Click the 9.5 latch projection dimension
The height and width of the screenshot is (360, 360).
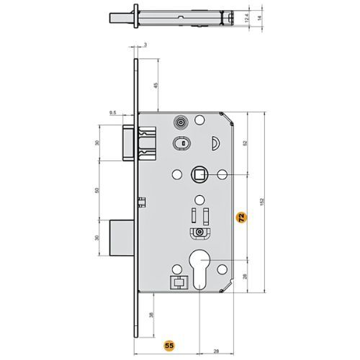113,113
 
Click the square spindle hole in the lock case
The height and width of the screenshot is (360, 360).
198,174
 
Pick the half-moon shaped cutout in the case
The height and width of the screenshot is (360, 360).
214,146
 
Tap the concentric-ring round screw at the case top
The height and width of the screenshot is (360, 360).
181,122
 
